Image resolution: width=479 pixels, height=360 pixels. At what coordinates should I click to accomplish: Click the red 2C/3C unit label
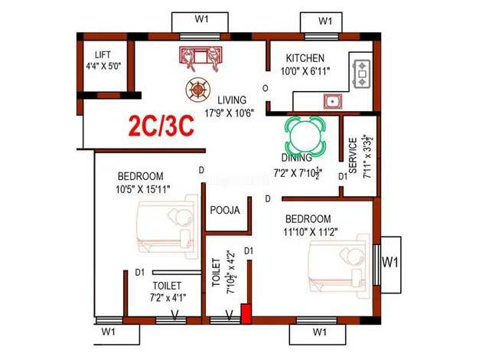[x=161, y=126]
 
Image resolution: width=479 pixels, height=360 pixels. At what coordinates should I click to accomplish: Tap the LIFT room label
[x=103, y=55]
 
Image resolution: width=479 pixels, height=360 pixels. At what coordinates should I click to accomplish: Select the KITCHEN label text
[x=305, y=58]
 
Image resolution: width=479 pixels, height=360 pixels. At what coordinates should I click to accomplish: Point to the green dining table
[x=305, y=135]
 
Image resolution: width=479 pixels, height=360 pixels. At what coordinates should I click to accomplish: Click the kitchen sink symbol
[x=333, y=102]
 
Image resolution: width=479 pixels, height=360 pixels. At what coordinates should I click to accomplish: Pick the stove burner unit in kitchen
[x=362, y=74]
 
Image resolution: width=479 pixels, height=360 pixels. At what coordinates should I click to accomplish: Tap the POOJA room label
[x=225, y=210]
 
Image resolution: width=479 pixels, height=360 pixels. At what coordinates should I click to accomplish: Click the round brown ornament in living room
[x=198, y=90]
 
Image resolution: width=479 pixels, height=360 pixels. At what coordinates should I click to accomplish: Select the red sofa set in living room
[x=200, y=58]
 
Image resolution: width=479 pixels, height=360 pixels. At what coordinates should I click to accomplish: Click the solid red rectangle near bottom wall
[x=246, y=313]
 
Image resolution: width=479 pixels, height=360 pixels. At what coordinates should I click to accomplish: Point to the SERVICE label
[x=353, y=155]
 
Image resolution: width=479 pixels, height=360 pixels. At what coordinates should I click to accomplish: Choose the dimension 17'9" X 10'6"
[x=230, y=113]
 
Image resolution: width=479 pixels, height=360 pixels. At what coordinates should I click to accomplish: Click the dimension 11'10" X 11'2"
[x=311, y=232]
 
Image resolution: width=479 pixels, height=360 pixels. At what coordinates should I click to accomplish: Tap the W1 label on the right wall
[x=390, y=262]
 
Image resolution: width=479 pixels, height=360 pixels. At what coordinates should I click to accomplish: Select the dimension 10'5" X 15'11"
[x=142, y=189]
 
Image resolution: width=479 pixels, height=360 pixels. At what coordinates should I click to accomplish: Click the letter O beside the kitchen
[x=266, y=88]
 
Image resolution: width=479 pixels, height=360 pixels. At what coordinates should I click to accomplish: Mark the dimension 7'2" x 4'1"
[x=168, y=297]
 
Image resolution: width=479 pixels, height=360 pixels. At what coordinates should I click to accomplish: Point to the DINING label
[x=297, y=158]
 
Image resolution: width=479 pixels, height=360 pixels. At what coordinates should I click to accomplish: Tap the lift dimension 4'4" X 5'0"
[x=103, y=66]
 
